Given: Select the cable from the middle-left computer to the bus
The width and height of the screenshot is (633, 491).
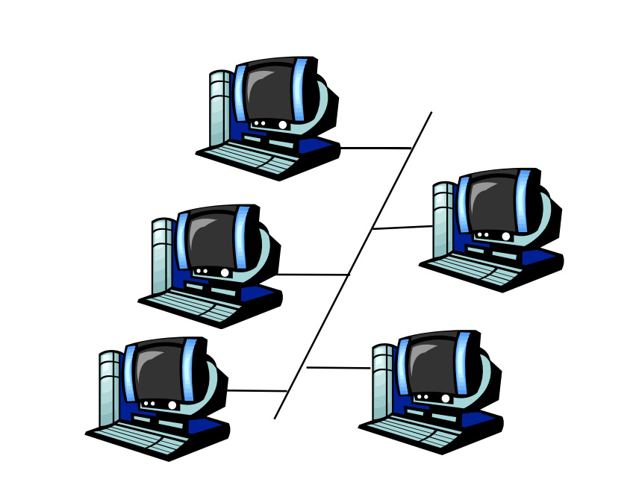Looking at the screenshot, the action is (314, 275).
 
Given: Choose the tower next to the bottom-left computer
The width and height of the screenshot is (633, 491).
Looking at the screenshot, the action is (109, 388).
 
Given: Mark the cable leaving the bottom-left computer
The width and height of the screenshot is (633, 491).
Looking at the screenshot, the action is (257, 390).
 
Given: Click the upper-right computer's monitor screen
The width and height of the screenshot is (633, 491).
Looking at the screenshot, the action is (492, 203).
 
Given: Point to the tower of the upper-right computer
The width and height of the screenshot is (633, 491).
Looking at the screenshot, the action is (443, 220).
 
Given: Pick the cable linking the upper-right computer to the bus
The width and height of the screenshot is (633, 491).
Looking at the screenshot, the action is (402, 228).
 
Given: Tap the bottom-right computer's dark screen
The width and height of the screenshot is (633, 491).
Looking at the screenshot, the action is (431, 366).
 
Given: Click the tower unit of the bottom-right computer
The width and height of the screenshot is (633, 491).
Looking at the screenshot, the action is (382, 381).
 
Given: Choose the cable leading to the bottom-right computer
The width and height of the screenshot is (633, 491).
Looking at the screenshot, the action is (338, 367).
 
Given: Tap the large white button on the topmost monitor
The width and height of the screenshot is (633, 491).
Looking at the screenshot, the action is (283, 125).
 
